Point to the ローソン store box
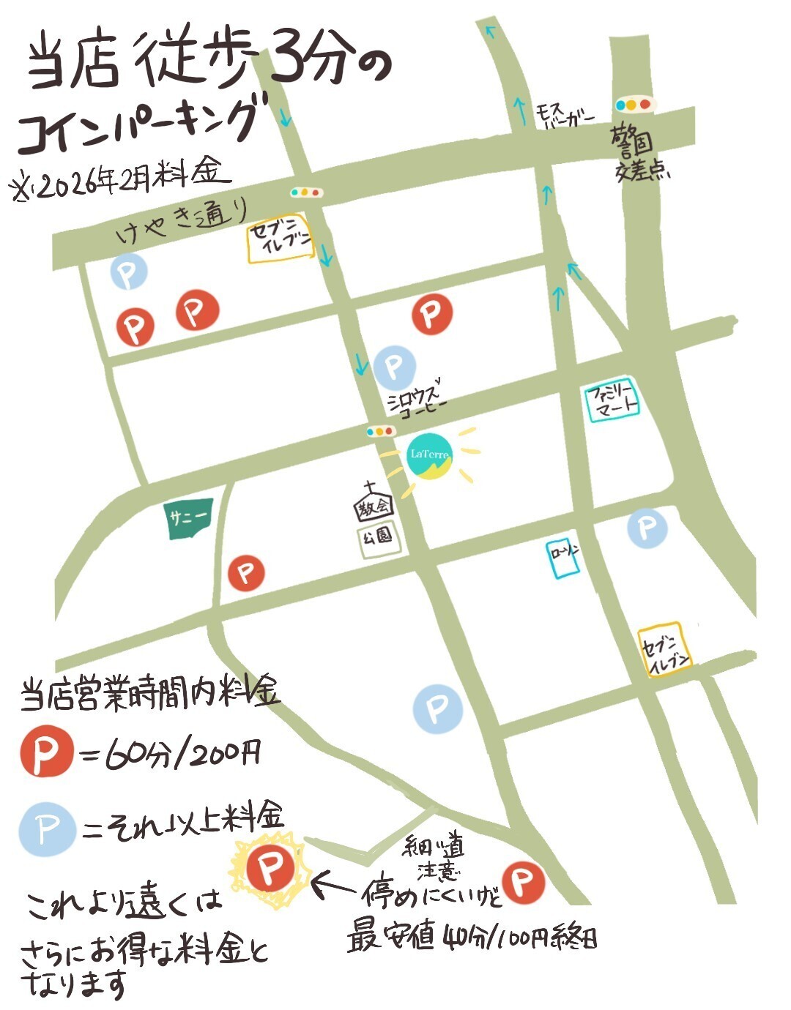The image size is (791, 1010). pyautogui.click(x=564, y=557)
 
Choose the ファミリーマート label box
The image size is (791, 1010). pyautogui.click(x=613, y=401)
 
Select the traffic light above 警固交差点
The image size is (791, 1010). pyautogui.click(x=634, y=105)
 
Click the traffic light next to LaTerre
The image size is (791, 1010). pyautogui.click(x=380, y=432)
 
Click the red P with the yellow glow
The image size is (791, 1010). pyautogui.click(x=269, y=869)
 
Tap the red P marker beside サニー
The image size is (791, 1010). pyautogui.click(x=246, y=572)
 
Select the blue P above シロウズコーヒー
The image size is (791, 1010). pyautogui.click(x=394, y=367)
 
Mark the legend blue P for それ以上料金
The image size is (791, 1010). pyautogui.click(x=46, y=829)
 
